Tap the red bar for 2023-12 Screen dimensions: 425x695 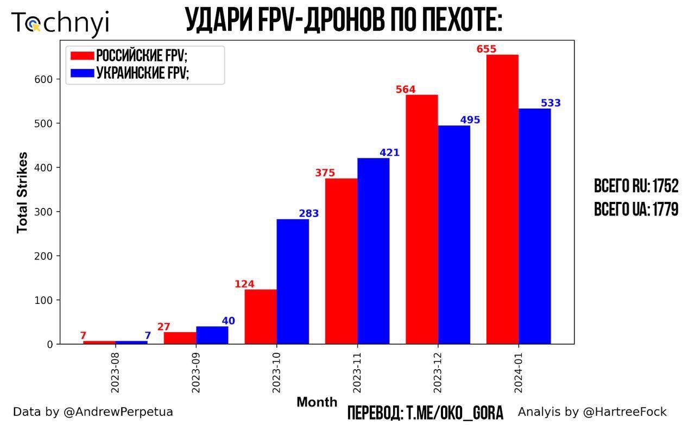[x=422, y=219]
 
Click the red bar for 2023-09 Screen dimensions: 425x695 [x=180, y=338]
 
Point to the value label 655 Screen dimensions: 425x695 [x=486, y=49]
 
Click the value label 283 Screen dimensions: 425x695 [x=309, y=214]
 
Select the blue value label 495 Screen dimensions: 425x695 [x=470, y=120]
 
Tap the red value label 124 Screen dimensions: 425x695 [x=244, y=284]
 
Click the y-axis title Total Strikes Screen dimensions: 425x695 [x=22, y=193]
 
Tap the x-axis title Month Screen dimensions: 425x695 [x=317, y=403]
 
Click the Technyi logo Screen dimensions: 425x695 [x=60, y=23]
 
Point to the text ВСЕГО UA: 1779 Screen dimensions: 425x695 [x=636, y=210]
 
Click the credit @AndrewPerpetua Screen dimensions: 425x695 [x=118, y=412]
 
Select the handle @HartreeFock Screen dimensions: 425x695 [x=624, y=412]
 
